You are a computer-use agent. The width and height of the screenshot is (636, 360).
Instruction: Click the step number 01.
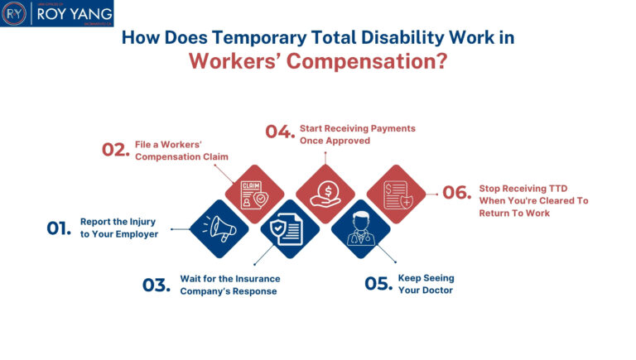click(59, 228)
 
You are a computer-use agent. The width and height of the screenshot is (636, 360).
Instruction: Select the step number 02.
click(116, 149)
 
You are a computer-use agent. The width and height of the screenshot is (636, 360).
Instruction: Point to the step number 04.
click(280, 132)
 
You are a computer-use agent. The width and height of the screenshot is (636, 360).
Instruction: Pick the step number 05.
click(378, 284)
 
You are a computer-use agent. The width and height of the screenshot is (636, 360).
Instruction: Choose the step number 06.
click(456, 193)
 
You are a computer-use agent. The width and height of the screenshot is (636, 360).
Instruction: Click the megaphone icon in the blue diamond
click(219, 229)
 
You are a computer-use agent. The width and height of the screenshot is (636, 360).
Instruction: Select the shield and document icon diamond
click(290, 229)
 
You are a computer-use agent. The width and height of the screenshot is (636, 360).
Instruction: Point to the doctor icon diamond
click(361, 229)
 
